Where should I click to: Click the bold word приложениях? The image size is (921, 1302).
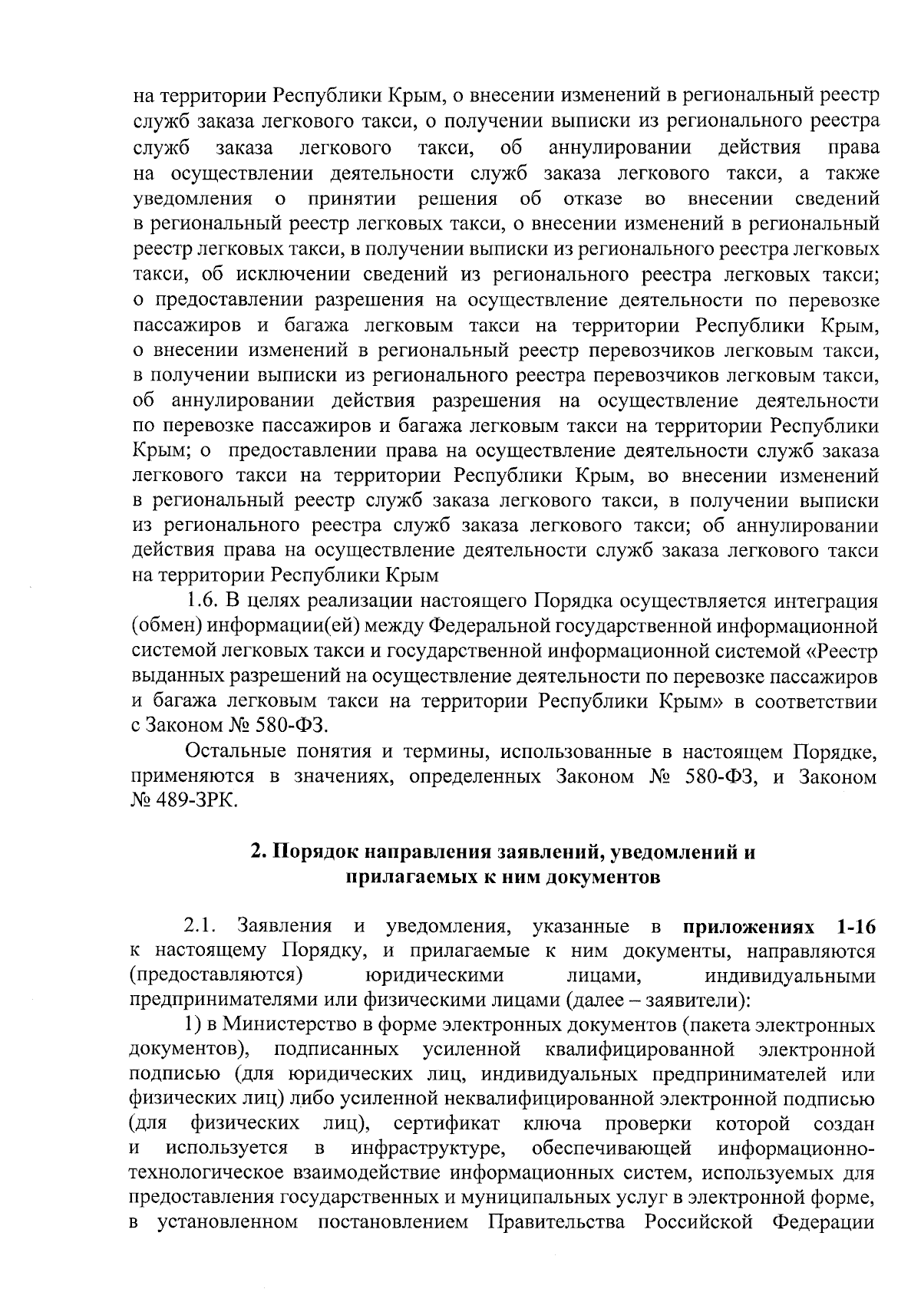[x=742, y=926]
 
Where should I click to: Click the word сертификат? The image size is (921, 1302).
[x=447, y=1125]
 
